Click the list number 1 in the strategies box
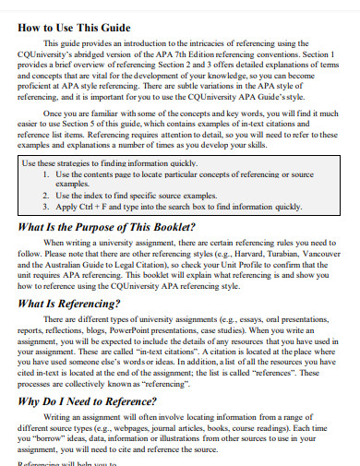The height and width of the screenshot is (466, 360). [x=47, y=174]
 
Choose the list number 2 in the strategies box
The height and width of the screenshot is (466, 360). [x=47, y=197]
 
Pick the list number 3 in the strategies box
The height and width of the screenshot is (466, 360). [x=47, y=209]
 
